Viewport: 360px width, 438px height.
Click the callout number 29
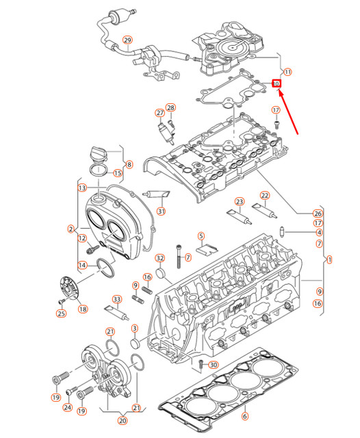click(127, 40)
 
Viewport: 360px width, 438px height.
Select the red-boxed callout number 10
click(277, 83)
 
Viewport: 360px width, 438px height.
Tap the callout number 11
click(287, 72)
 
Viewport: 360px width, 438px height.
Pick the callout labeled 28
click(171, 107)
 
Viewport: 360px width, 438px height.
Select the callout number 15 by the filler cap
click(118, 173)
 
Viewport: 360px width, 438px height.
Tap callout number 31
click(161, 211)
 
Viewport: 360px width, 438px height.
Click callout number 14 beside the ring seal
click(82, 266)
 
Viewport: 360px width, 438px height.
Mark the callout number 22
click(265, 196)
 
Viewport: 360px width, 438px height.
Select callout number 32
click(159, 258)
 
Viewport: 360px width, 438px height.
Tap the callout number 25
click(61, 313)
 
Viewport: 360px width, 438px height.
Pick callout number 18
click(82, 309)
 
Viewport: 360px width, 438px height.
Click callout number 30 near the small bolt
click(213, 365)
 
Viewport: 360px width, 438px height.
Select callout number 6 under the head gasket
click(245, 415)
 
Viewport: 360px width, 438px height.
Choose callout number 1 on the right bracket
click(329, 260)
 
